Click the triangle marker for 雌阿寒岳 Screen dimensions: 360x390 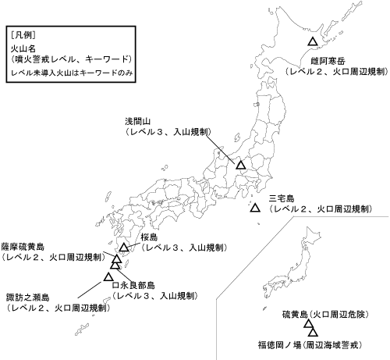point(312,41)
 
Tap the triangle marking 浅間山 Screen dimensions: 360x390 point(241,165)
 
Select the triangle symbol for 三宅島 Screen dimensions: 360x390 point(255,208)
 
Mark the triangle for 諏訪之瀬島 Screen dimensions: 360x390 point(108,276)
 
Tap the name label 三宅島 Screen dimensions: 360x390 point(280,198)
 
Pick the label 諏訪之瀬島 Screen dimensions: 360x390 point(28,297)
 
